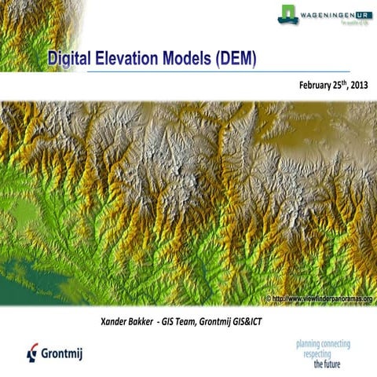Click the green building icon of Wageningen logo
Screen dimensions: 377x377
point(288,13)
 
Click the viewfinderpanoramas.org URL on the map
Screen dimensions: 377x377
point(324,299)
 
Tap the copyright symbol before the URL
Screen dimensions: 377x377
point(269,299)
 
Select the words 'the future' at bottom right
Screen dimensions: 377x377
point(331,365)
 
